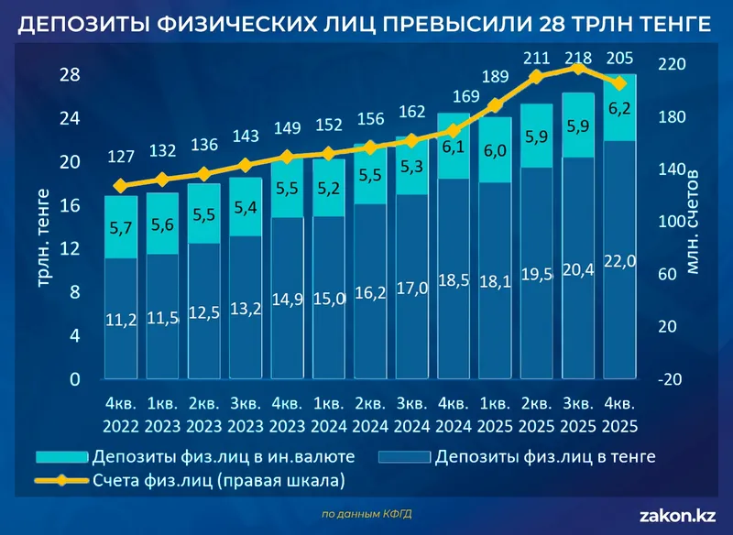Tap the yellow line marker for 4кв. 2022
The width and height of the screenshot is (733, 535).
coord(120,186)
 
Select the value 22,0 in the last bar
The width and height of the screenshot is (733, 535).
coord(620,262)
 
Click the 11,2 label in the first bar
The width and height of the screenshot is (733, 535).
coord(120,319)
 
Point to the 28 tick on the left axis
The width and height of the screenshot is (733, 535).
coord(70,75)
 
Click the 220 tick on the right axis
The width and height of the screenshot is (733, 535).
coord(672,66)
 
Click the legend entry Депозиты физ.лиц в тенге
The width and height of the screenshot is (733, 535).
coord(545,456)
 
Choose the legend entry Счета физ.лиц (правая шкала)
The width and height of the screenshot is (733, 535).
coord(212,480)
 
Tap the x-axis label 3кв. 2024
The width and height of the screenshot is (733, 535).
coord(411,414)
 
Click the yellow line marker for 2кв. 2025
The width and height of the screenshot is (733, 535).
coord(537,77)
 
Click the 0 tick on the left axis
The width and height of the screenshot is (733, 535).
coord(74,379)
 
